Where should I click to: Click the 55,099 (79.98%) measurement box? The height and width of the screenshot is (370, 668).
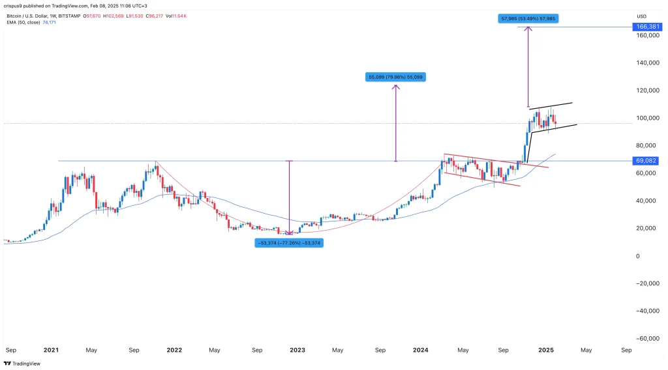point(396,77)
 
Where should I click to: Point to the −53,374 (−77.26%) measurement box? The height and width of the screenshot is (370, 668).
point(288,242)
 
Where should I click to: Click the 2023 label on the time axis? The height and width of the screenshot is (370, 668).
point(297,350)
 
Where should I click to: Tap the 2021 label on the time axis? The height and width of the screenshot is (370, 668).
point(52,350)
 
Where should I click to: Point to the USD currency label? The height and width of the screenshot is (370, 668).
point(643,16)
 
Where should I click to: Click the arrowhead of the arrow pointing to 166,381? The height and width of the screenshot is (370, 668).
point(528,29)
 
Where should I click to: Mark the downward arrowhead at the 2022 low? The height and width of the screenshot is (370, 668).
point(289,233)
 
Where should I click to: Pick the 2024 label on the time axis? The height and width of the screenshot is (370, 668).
point(421,350)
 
